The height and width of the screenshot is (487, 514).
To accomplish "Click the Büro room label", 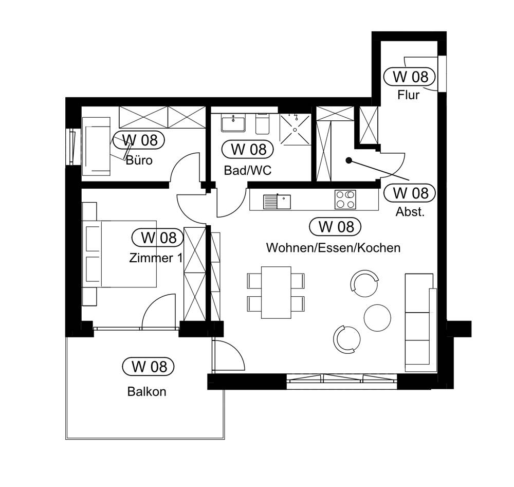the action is coord(139,160).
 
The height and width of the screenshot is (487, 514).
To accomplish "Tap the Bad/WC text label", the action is coord(247,171).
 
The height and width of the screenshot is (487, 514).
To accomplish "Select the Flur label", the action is coord(408,95).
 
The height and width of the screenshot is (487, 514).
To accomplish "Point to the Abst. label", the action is coord(410,212).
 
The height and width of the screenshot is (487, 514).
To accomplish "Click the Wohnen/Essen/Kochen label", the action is coord(333,248).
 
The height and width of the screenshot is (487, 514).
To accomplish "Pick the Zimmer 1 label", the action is coord(156,258).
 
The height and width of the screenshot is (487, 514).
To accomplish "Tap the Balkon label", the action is coord(147,391).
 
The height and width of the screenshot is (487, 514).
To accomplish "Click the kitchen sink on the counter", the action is coord(277,201).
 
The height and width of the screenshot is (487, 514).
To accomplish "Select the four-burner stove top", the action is coord(345,200).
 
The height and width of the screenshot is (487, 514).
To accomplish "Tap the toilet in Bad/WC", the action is coord(262,123).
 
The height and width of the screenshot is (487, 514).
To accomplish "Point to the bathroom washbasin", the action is coord(234,123).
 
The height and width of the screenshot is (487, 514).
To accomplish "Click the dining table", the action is coord(276,292).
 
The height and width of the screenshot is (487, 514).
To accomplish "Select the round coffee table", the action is coord(377,317).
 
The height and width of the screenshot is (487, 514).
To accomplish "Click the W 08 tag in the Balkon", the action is coord(149,367).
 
